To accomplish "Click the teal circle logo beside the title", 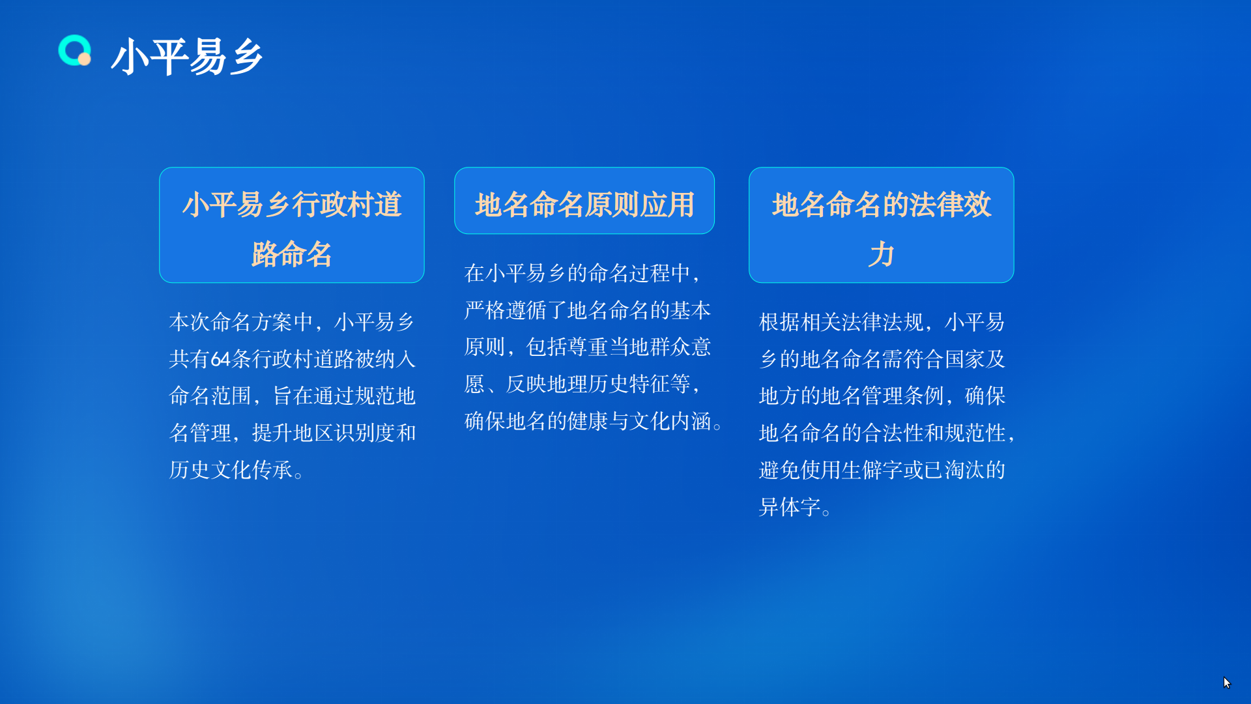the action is [74, 51].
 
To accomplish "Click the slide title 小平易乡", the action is [188, 57].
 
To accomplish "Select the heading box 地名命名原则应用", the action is [584, 201].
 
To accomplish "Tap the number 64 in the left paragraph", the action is [221, 359].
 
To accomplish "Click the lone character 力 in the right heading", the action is [881, 254].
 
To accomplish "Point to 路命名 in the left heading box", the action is [292, 254].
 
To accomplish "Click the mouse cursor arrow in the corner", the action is [1227, 682].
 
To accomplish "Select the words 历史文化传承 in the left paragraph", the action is [231, 470].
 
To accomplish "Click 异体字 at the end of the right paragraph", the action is [790, 507].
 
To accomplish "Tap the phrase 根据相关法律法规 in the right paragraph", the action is [841, 322].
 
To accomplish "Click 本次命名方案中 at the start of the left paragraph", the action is [241, 322].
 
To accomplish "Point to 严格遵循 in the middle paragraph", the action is [506, 310].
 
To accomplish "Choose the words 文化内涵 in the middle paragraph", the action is [670, 421].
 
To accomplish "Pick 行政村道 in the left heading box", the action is [347, 205].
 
